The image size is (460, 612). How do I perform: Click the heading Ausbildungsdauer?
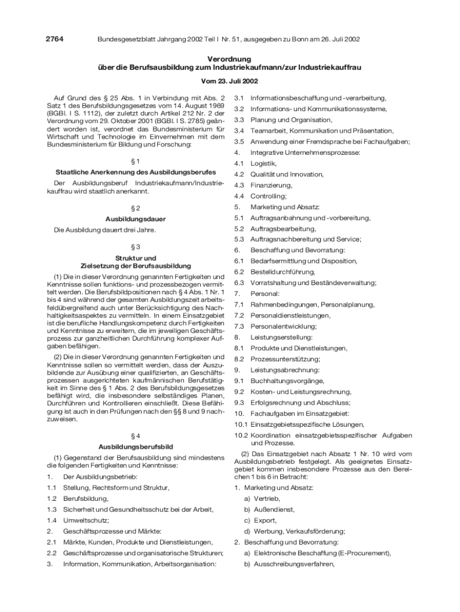(135, 219)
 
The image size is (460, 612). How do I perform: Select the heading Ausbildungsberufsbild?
(135, 446)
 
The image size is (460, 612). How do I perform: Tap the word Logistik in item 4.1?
(263, 163)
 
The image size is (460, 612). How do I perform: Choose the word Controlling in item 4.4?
(268, 196)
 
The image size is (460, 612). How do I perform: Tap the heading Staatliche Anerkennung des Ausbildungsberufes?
(135, 173)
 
